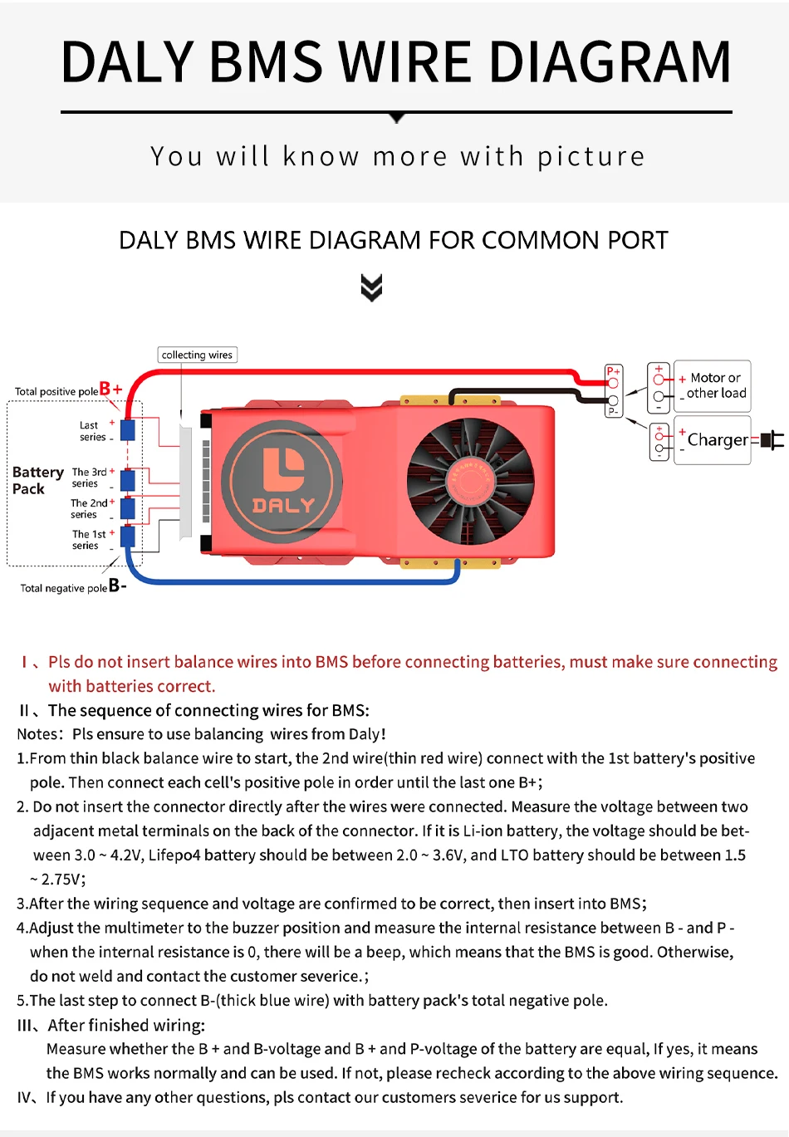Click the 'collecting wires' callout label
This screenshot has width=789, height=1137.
(197, 355)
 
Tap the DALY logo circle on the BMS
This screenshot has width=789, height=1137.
(282, 481)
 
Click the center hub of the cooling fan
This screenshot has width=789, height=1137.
(470, 481)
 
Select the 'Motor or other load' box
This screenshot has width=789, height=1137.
(713, 386)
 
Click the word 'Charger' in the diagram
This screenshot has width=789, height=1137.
(717, 440)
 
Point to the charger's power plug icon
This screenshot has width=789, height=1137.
(772, 440)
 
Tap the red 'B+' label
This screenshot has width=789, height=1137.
(110, 389)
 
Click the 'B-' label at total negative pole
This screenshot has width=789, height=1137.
(117, 586)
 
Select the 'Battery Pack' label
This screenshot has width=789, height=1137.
(37, 480)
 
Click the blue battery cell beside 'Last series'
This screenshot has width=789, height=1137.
(128, 430)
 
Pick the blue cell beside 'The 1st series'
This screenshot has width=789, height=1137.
(128, 536)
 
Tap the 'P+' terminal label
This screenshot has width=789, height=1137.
(613, 371)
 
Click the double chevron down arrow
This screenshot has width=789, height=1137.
(372, 287)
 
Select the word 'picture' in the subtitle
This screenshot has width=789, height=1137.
(591, 156)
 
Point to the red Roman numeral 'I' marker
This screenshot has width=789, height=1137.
(25, 662)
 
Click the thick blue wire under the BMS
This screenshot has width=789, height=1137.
(291, 581)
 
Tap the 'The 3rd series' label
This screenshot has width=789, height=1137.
(89, 478)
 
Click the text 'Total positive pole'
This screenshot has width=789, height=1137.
(56, 391)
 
